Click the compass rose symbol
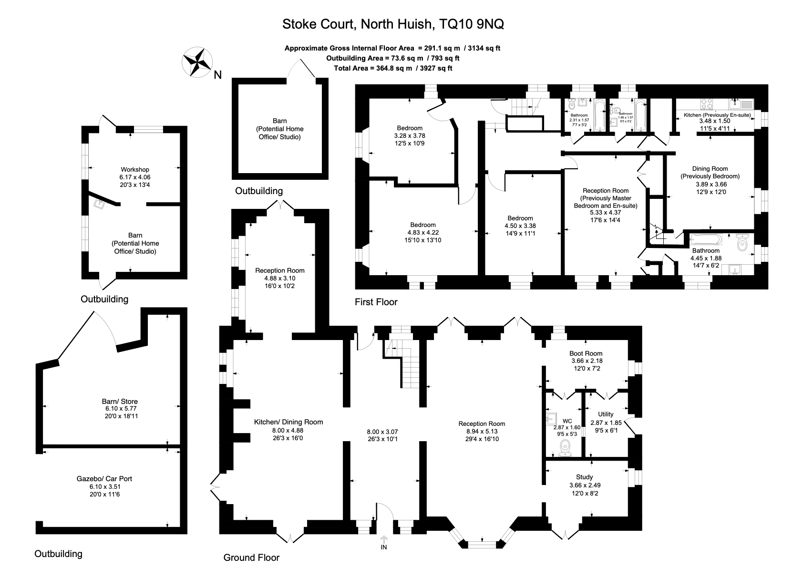197,62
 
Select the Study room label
584,477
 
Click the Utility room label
606,414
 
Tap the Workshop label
134,169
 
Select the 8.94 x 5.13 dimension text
482,431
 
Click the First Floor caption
376,302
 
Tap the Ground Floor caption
251,558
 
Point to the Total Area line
393,68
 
